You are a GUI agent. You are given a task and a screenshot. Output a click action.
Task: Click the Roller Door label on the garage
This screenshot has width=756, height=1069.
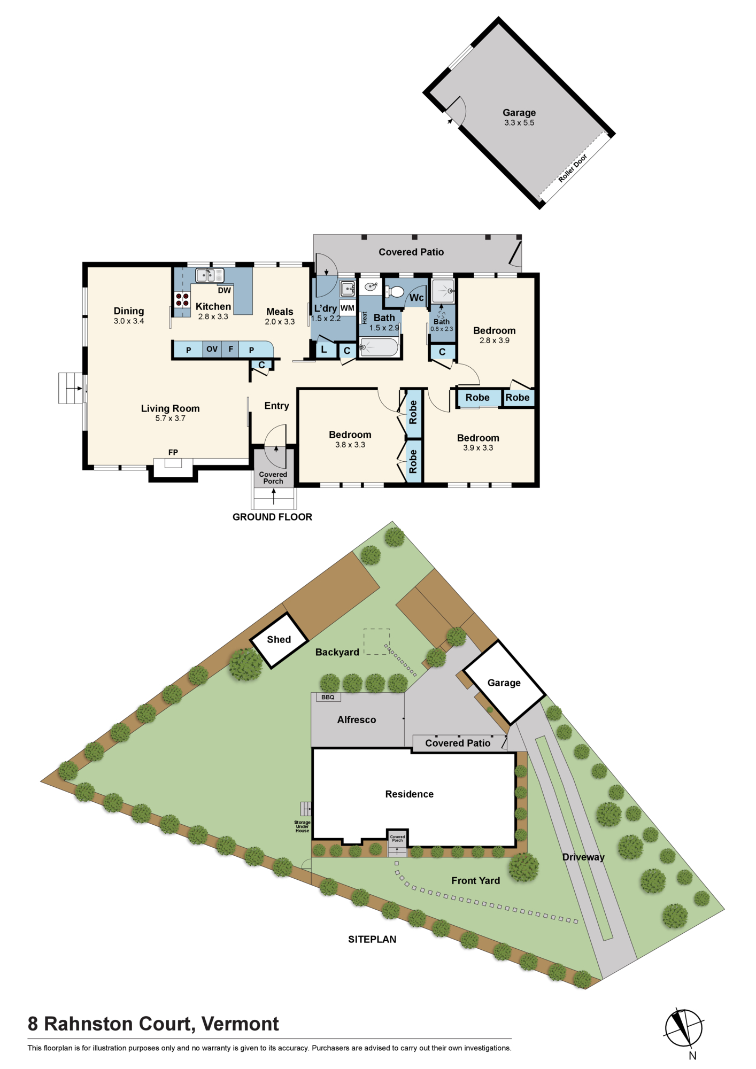tap(573, 168)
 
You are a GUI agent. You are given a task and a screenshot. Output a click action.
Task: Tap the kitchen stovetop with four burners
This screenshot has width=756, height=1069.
tap(182, 299)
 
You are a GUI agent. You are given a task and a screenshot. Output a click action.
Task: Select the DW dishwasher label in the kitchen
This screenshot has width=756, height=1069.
tap(225, 290)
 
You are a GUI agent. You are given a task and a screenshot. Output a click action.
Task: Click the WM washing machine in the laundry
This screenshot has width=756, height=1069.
tap(348, 308)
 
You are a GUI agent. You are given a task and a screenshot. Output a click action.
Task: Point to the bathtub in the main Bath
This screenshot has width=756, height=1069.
tap(379, 347)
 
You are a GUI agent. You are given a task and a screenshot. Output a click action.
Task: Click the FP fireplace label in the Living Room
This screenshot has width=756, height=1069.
tap(173, 452)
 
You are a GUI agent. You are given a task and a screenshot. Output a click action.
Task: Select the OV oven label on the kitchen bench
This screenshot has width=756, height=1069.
tap(212, 349)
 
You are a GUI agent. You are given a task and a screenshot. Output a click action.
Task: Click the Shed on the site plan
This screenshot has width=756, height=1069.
tap(279, 640)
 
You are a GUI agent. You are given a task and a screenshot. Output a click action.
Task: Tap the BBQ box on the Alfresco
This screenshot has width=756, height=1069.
tap(328, 697)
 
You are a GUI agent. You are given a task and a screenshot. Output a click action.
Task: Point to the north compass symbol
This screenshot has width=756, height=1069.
tap(684, 1027)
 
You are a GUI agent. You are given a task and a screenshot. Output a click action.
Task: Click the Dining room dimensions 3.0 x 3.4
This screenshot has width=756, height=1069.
tap(129, 321)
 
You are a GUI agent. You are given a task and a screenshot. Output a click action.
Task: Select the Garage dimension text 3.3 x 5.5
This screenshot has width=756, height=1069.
tap(519, 123)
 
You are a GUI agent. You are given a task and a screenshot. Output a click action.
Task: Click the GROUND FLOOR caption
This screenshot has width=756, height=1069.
tap(272, 517)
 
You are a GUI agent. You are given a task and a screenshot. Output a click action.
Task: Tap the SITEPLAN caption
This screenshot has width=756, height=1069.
tap(372, 939)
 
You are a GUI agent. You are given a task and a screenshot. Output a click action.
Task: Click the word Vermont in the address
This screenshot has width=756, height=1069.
tap(240, 1024)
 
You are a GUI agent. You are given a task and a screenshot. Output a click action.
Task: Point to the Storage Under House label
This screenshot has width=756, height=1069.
tap(302, 826)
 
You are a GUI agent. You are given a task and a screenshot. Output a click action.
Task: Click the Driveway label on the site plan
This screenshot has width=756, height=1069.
tap(583, 857)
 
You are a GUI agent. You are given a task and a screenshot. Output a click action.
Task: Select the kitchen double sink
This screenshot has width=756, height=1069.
tap(210, 275)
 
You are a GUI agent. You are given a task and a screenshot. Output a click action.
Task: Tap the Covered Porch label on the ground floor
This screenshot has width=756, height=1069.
tap(273, 478)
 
